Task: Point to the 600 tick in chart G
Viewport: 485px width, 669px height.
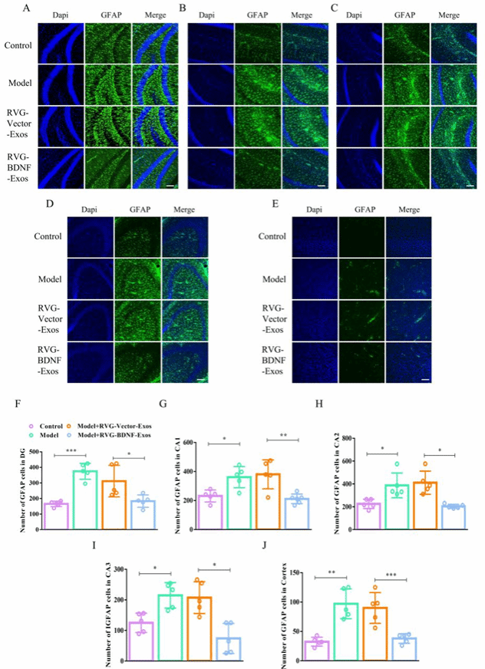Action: click(x=191, y=443)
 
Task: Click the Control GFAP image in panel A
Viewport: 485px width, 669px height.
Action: click(x=107, y=44)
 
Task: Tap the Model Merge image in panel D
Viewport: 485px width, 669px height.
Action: click(x=185, y=274)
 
